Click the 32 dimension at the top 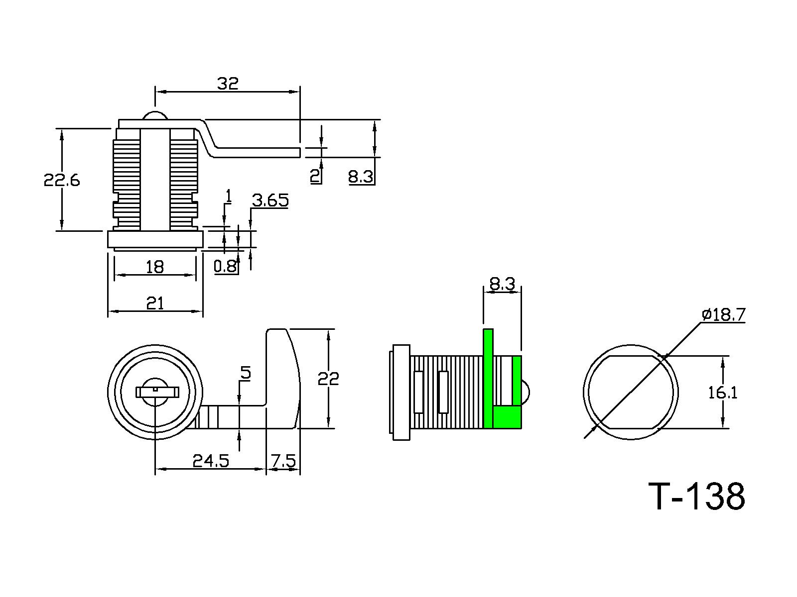pyautogui.click(x=228, y=84)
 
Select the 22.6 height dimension pyautogui.click(x=62, y=180)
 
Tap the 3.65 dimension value pyautogui.click(x=270, y=200)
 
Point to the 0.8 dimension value pyautogui.click(x=225, y=267)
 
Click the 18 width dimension pyautogui.click(x=155, y=267)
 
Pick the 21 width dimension pyautogui.click(x=155, y=303)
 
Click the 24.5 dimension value pyautogui.click(x=211, y=461)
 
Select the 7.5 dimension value pyautogui.click(x=283, y=461)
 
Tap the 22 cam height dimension pyautogui.click(x=328, y=379)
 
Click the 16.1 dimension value pyautogui.click(x=723, y=393)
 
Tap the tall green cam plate pyautogui.click(x=488, y=378)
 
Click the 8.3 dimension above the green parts pyautogui.click(x=502, y=285)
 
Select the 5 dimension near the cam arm pyautogui.click(x=246, y=373)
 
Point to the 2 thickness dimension pyautogui.click(x=315, y=176)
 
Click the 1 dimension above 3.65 pyautogui.click(x=229, y=197)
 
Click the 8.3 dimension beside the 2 pyautogui.click(x=361, y=177)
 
